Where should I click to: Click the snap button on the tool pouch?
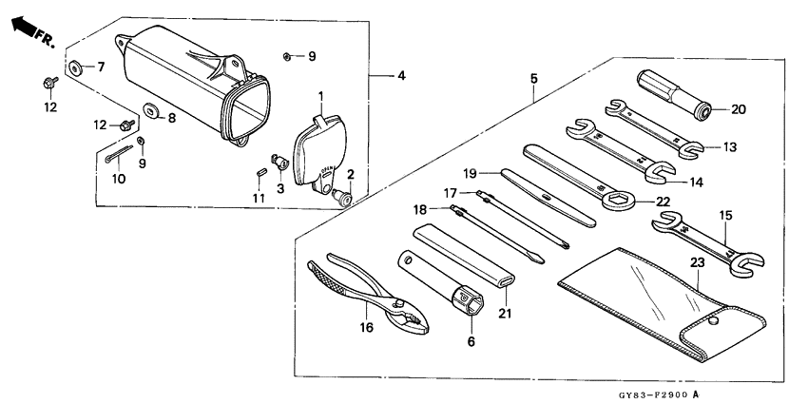pos(710,322)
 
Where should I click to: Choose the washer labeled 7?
pos(73,67)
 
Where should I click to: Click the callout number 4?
pos(399,74)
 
